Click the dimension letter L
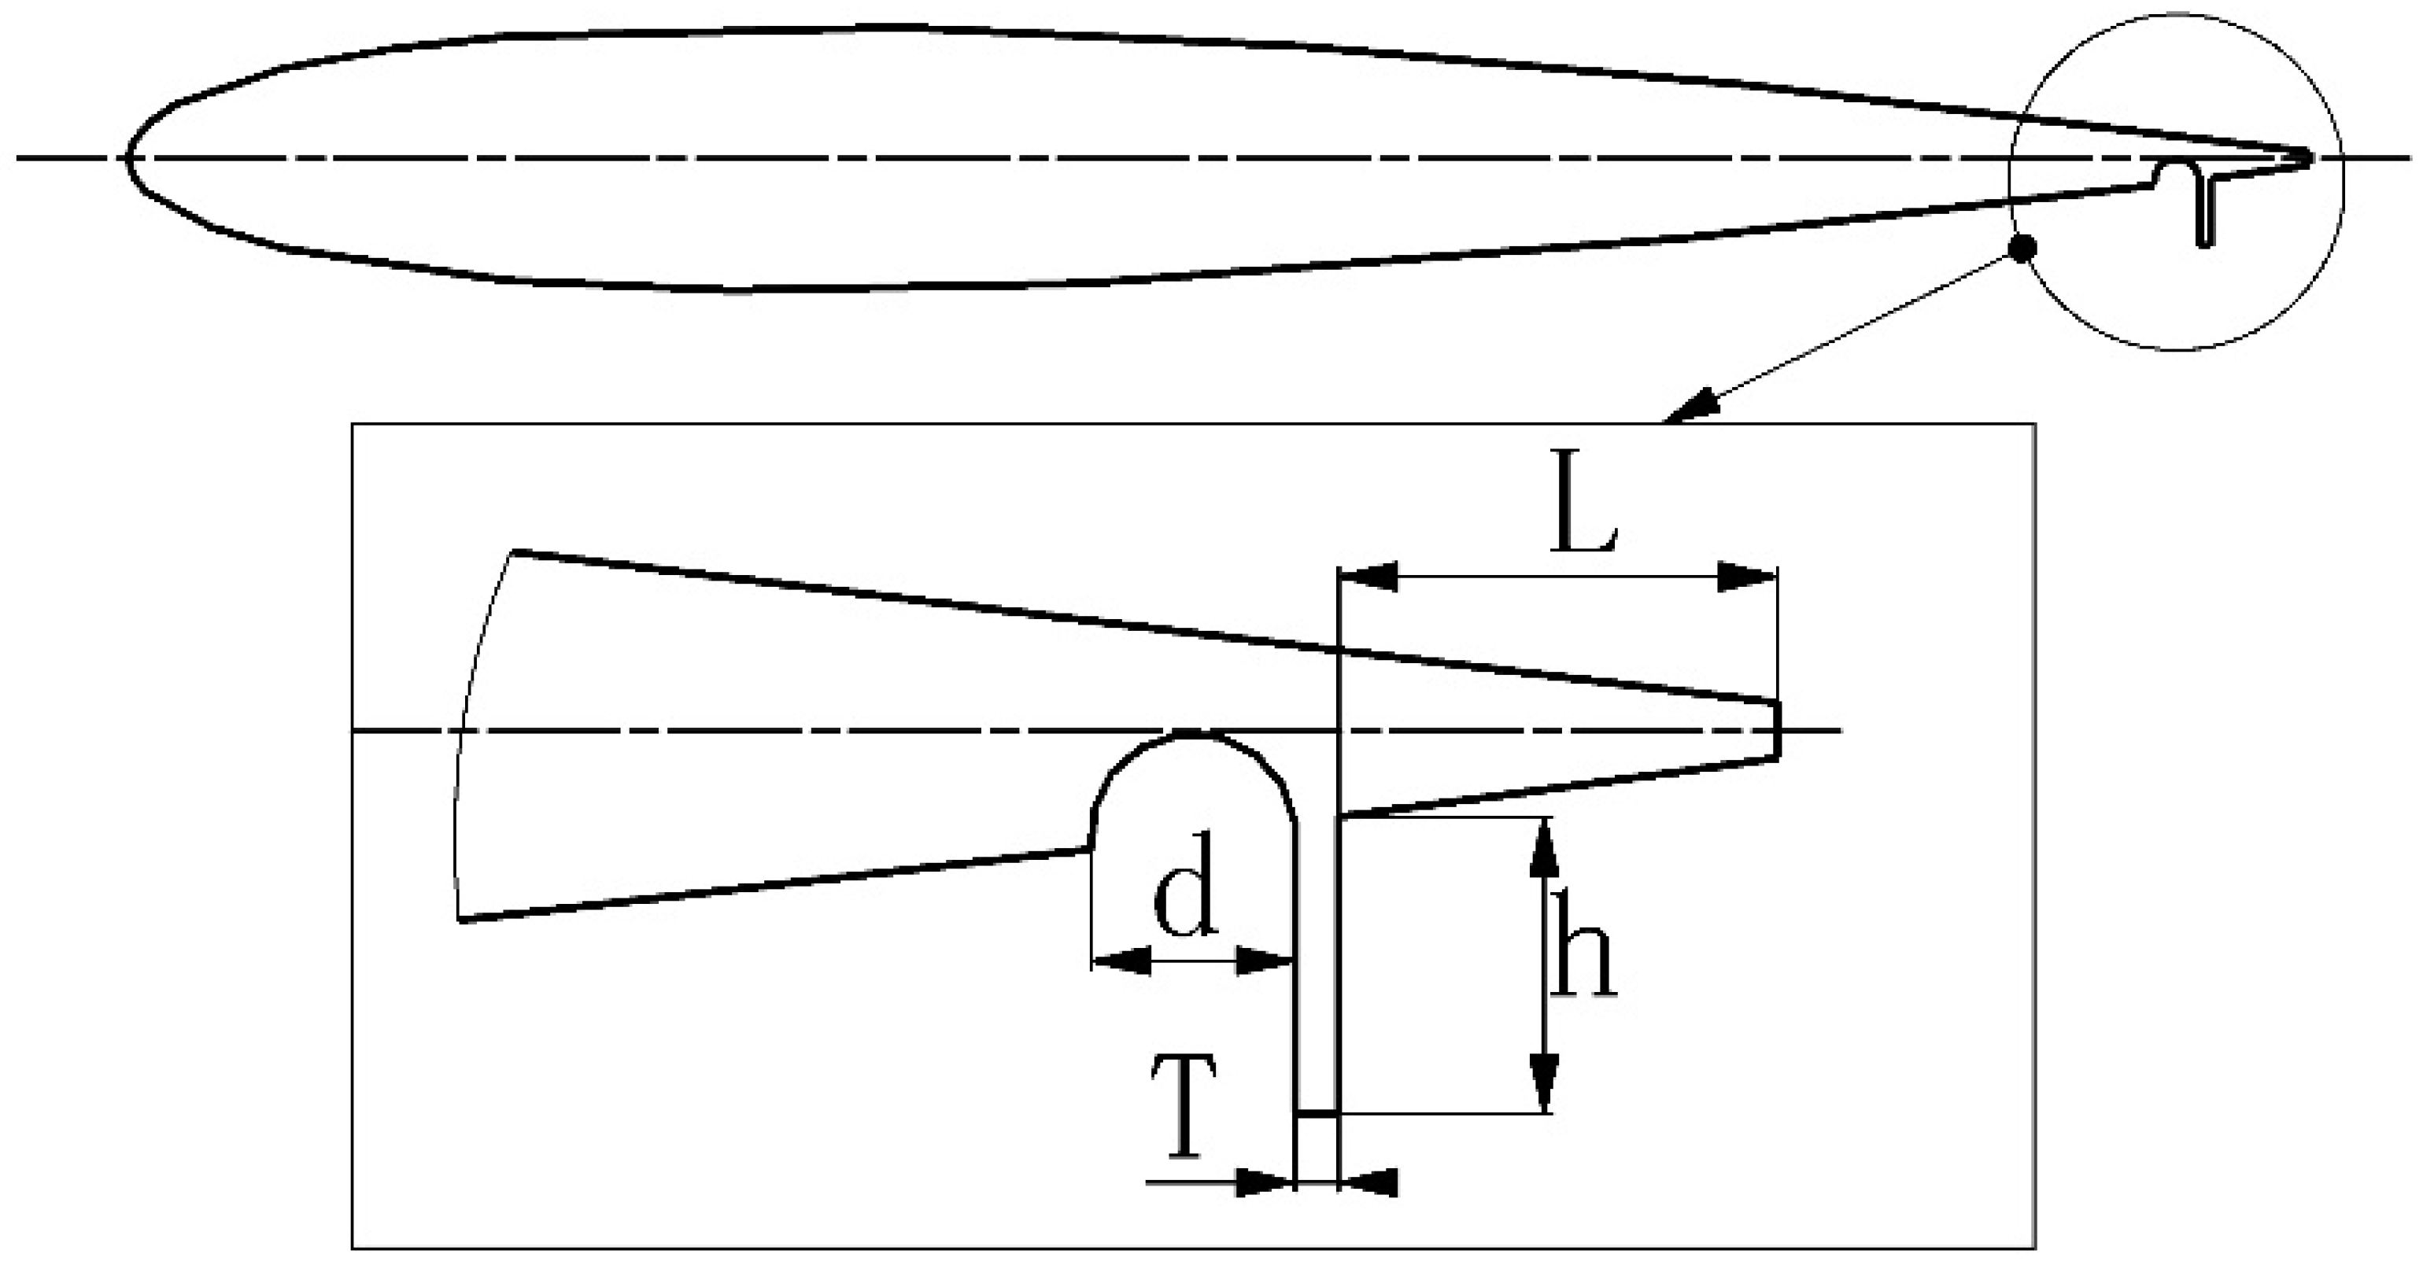tap(1583, 503)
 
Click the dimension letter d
tap(1185, 898)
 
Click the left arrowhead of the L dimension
tap(1368, 577)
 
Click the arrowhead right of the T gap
tap(1369, 1183)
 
